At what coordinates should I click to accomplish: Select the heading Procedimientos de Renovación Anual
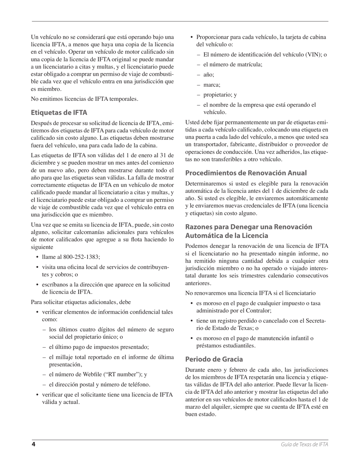pyautogui.click(x=246, y=173)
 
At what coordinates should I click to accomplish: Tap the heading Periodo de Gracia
pyautogui.click(x=214, y=359)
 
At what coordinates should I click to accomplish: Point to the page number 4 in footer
pyautogui.click(x=33, y=444)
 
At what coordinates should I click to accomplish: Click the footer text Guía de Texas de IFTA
pyautogui.click(x=304, y=444)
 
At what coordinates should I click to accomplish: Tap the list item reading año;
pyautogui.click(x=209, y=75)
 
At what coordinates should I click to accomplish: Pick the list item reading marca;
pyautogui.click(x=212, y=85)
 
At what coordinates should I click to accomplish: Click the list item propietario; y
pyautogui.click(x=220, y=95)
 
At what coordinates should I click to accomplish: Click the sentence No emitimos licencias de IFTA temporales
pyautogui.click(x=85, y=99)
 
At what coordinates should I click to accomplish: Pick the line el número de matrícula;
pyautogui.click(x=233, y=64)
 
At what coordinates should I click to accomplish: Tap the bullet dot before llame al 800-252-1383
pyautogui.click(x=37, y=257)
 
